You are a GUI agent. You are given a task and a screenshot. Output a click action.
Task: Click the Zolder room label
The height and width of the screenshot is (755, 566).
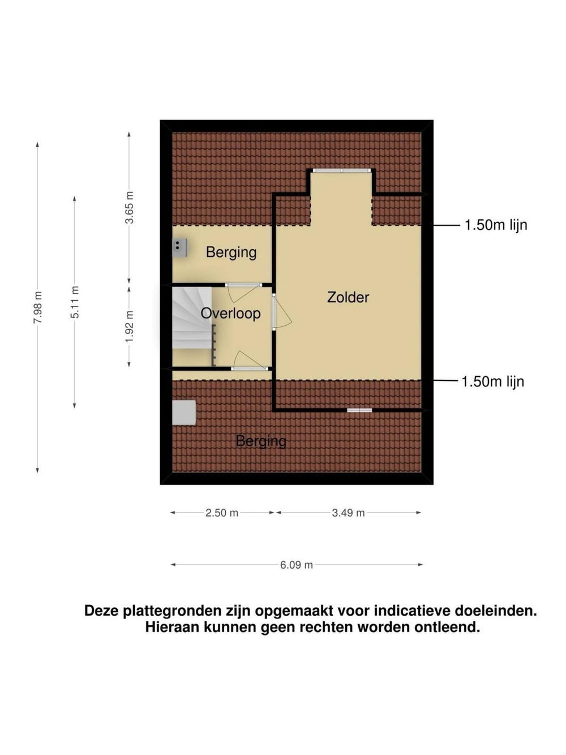(348, 297)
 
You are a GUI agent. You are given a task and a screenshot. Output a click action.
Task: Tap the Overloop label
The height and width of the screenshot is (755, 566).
(230, 313)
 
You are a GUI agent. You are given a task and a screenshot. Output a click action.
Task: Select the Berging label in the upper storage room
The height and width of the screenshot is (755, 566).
(231, 253)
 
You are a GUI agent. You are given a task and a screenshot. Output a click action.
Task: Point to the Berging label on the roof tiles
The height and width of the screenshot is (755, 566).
(261, 441)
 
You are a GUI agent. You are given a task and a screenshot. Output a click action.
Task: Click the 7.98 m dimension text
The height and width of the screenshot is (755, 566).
(38, 307)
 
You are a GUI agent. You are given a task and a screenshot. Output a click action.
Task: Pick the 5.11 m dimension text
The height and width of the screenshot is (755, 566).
(75, 302)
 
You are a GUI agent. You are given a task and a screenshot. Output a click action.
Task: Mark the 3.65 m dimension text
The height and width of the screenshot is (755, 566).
(129, 207)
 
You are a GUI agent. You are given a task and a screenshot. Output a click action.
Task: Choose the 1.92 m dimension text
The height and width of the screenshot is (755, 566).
(129, 327)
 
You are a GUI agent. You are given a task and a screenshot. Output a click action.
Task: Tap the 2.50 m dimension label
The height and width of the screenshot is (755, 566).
(222, 513)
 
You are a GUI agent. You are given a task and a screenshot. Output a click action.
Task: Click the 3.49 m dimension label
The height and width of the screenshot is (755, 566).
(348, 513)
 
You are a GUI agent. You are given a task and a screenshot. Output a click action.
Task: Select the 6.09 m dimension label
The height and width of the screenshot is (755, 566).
(297, 565)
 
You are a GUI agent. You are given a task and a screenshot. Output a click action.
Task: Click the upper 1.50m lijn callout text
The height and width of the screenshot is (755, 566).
(496, 225)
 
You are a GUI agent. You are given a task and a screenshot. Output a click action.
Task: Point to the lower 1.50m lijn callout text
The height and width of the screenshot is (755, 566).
(493, 382)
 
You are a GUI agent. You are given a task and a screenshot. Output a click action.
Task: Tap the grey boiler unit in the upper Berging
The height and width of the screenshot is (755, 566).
(180, 248)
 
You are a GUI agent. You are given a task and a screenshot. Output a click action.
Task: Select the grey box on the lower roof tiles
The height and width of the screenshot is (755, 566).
(184, 412)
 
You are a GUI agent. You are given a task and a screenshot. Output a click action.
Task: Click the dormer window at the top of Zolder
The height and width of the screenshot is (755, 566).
(341, 170)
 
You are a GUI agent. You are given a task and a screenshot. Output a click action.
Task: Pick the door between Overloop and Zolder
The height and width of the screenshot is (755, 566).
(281, 312)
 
